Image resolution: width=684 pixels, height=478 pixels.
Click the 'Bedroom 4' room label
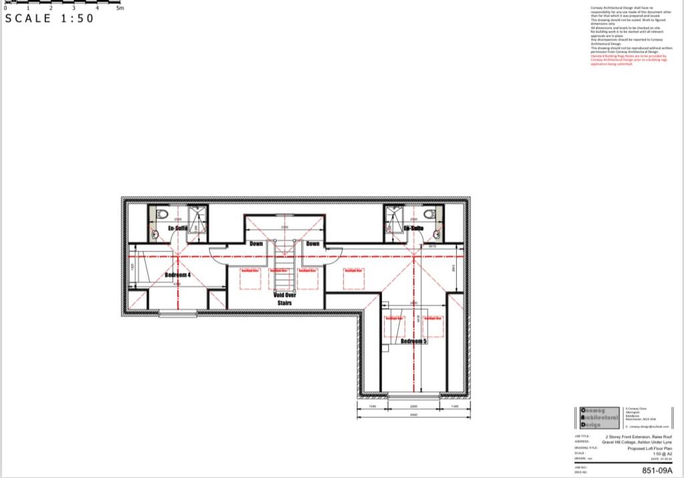tap(178, 274)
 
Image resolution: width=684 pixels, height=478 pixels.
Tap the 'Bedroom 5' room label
tap(413, 341)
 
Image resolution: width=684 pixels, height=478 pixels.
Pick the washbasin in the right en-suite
tap(436, 234)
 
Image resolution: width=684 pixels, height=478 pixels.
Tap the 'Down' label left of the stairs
tap(256, 244)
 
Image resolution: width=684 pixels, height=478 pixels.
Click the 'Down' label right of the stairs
tap(313, 244)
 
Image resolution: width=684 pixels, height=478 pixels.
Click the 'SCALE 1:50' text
tap(49, 19)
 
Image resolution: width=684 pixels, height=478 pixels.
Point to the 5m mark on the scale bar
tap(120, 7)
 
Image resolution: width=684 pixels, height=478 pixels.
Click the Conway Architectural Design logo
tap(598, 417)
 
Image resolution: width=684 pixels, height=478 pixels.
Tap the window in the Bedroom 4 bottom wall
tap(178, 313)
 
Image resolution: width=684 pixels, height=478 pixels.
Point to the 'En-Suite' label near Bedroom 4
tap(177, 228)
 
